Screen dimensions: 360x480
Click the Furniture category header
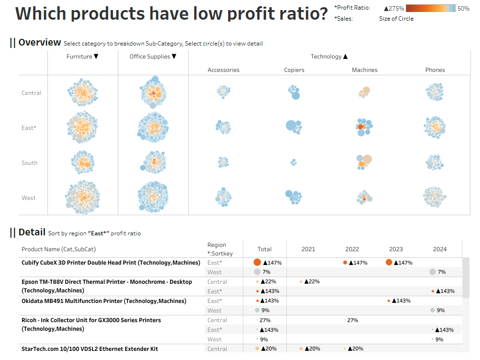pyautogui.click(x=82, y=57)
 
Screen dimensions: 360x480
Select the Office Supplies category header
pyautogui.click(x=153, y=57)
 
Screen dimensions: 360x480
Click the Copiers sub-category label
pyautogui.click(x=294, y=70)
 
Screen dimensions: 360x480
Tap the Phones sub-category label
pyautogui.click(x=435, y=70)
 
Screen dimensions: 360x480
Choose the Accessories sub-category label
pyautogui.click(x=223, y=70)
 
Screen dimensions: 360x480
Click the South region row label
pyautogui.click(x=29, y=163)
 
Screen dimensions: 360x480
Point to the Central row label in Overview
pyautogui.click(x=31, y=93)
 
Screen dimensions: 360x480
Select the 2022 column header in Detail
pyautogui.click(x=352, y=249)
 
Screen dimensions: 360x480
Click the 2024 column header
pyautogui.click(x=440, y=249)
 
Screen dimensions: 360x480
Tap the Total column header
pyautogui.click(x=264, y=249)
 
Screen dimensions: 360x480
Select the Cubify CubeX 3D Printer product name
pyautogui.click(x=111, y=263)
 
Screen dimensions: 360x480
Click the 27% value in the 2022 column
pyautogui.click(x=353, y=320)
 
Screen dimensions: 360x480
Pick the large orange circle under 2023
pyautogui.click(x=389, y=262)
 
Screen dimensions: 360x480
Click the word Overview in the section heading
pyautogui.click(x=40, y=43)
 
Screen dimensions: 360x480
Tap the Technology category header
pyautogui.click(x=329, y=57)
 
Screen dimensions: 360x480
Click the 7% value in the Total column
pyautogui.click(x=266, y=272)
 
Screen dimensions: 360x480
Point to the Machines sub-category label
pyautogui.click(x=365, y=70)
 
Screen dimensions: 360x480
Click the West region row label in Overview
pyautogui.click(x=28, y=198)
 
